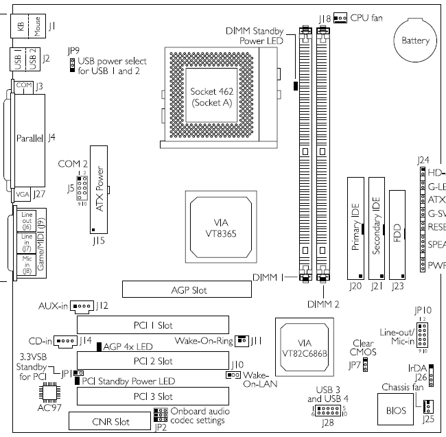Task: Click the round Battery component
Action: [x=414, y=40]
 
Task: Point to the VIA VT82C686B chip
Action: [x=302, y=349]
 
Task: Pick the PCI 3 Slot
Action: [x=153, y=396]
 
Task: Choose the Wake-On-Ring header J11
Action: [x=242, y=340]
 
